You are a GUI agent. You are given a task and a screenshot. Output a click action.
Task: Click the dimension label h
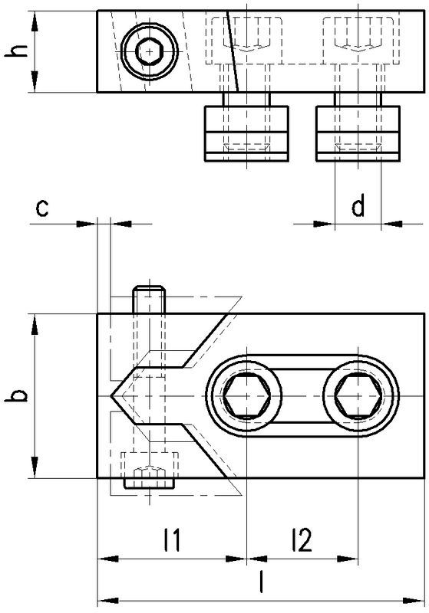tap(17, 51)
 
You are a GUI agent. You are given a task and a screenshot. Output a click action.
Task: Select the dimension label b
tap(17, 395)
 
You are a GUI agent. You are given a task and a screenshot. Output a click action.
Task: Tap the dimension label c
tap(42, 208)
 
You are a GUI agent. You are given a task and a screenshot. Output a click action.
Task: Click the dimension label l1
tap(172, 539)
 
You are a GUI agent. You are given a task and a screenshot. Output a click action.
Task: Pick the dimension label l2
tap(302, 539)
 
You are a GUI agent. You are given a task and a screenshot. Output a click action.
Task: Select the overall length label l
tap(261, 582)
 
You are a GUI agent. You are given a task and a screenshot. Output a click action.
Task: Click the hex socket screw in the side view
tap(149, 51)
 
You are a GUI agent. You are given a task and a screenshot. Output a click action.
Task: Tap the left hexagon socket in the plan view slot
tap(247, 396)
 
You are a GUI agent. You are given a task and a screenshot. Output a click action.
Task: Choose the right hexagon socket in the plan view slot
tap(358, 396)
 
